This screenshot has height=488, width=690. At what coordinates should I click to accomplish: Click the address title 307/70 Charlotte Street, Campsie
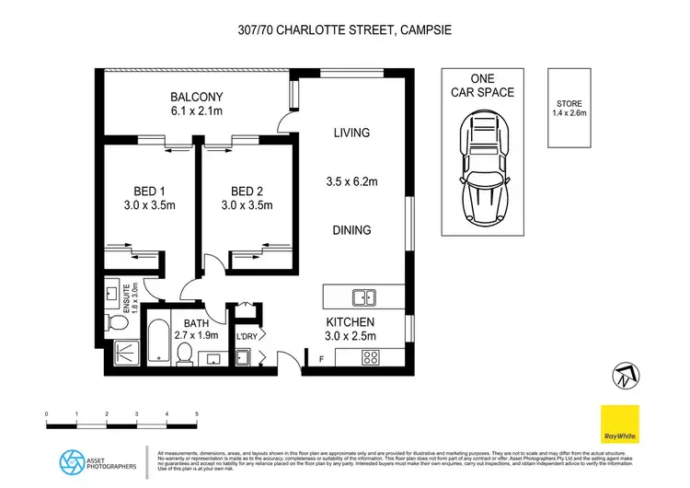pyautogui.click(x=345, y=29)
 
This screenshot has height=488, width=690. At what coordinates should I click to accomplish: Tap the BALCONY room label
pyautogui.click(x=196, y=97)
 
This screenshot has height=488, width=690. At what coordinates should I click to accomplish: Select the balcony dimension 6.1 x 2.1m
pyautogui.click(x=196, y=112)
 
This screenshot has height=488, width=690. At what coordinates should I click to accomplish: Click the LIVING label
pyautogui.click(x=351, y=133)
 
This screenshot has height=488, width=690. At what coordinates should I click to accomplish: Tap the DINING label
pyautogui.click(x=351, y=230)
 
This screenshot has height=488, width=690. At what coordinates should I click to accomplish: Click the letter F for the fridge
pyautogui.click(x=320, y=357)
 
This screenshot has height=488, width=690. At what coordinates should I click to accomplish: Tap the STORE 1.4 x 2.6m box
pyautogui.click(x=567, y=110)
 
